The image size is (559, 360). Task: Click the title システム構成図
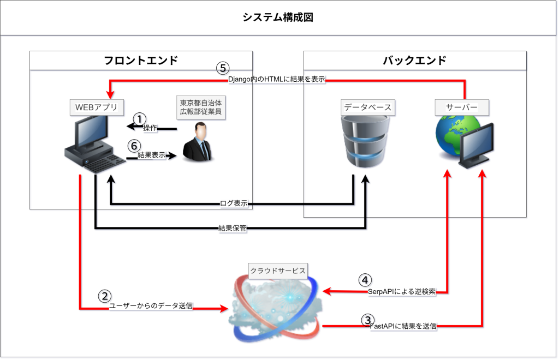278,17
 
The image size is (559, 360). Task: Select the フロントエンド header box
141,61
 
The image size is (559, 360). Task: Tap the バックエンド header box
414,61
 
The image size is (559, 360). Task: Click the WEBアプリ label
96,107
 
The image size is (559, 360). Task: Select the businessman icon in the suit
199,143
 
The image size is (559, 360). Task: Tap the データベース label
367,107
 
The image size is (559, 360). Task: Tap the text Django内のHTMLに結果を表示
276,79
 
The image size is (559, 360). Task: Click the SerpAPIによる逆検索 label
401,292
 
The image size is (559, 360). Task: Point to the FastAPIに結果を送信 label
403,326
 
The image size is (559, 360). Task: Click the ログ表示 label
233,203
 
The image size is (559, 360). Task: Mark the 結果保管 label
232,228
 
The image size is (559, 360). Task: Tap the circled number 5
223,68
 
